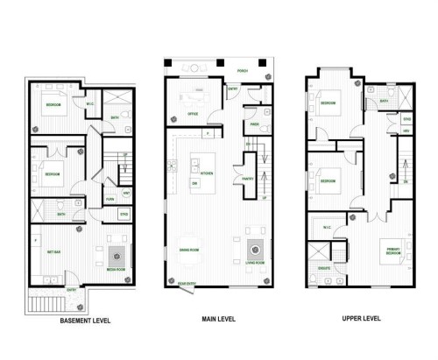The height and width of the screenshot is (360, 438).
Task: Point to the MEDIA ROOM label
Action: coord(115,270)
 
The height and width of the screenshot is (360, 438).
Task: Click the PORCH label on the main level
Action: coord(230,70)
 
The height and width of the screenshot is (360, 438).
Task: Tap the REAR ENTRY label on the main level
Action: coord(187,284)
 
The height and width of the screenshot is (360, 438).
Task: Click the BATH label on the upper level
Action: coord(384,101)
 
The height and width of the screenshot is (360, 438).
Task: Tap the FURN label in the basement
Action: coord(109,199)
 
